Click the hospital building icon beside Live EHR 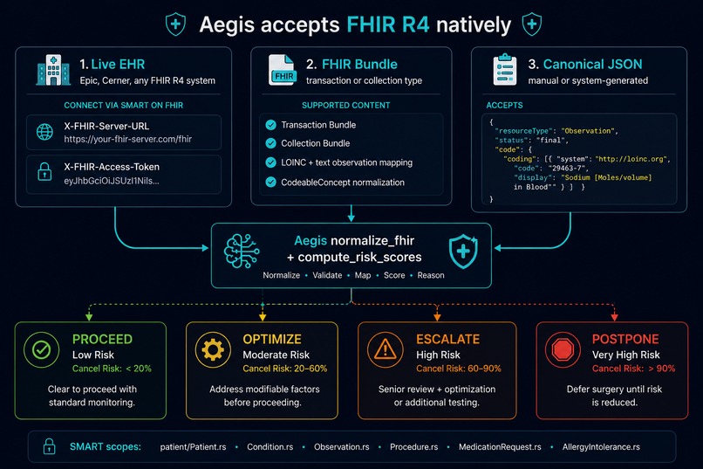coord(53,70)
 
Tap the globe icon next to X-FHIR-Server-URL coord(44,132)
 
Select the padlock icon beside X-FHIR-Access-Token coord(44,172)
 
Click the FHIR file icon coord(283,70)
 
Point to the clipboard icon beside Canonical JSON coord(505,70)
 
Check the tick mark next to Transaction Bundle coord(270,125)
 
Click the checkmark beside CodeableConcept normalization coord(270,183)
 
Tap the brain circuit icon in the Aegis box coord(242,252)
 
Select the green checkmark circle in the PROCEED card coord(42,349)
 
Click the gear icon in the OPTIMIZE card coord(213,349)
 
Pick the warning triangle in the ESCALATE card coord(386,349)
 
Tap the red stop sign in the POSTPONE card coord(563,349)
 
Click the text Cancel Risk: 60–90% coord(459,369)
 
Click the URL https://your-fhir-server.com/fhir coord(127,139)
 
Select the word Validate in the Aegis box coord(327,275)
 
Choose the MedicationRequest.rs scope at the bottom coord(500,447)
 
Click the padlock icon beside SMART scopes coord(49,446)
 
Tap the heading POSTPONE coord(625,339)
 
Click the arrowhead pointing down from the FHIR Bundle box coord(351,218)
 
